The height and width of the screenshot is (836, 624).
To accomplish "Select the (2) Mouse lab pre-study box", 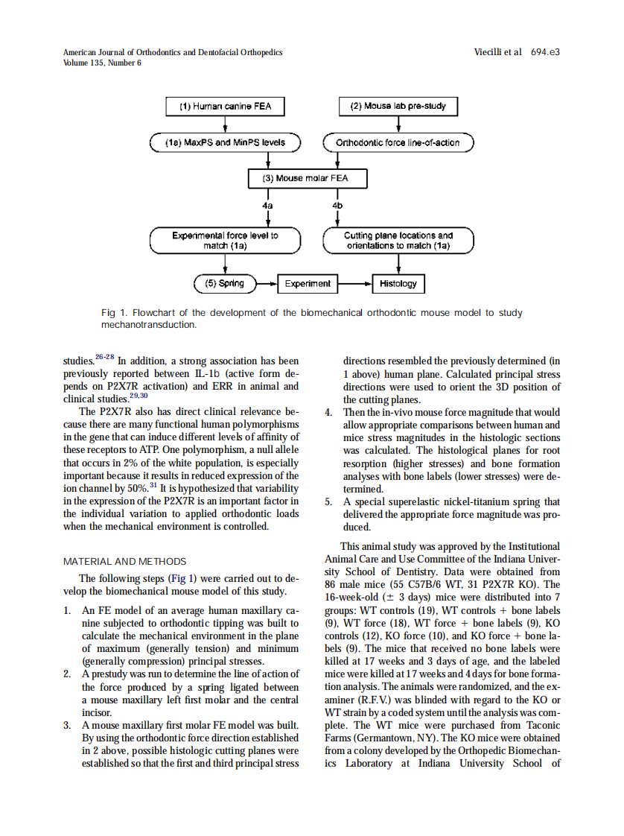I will (x=398, y=107).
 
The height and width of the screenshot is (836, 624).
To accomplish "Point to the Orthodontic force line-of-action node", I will (x=398, y=142).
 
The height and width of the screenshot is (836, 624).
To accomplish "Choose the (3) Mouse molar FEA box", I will (x=308, y=179).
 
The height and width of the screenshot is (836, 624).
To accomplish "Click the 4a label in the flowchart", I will (x=267, y=203).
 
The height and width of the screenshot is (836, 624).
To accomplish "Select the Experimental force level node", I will (x=225, y=240).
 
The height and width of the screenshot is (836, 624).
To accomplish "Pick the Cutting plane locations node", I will (x=398, y=240).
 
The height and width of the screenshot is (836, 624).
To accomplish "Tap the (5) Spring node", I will (x=224, y=283).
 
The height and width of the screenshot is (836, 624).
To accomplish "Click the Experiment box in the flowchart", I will (x=307, y=283).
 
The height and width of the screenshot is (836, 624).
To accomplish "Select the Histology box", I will (x=398, y=283).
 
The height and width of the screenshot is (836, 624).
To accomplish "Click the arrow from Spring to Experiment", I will (x=266, y=283).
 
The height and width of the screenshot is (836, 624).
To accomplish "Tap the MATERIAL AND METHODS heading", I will (x=125, y=561).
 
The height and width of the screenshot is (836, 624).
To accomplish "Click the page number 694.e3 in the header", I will (x=545, y=52).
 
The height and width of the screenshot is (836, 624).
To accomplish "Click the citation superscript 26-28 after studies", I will (x=104, y=358).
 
